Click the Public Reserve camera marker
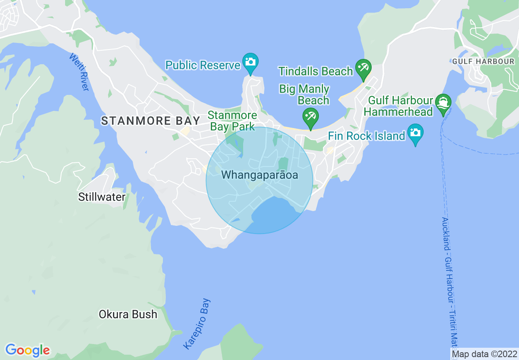pyautogui.click(x=250, y=62)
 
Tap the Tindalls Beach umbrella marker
pyautogui.click(x=363, y=67)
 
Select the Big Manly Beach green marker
pyautogui.click(x=310, y=117)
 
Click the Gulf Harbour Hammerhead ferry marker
pyautogui.click(x=443, y=102)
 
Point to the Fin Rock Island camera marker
pyautogui.click(x=415, y=133)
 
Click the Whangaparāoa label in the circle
pyautogui.click(x=259, y=175)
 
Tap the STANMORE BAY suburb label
pyautogui.click(x=151, y=121)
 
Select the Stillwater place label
pyautogui.click(x=102, y=197)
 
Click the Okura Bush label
pyautogui.click(x=128, y=314)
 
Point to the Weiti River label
pyautogui.click(x=79, y=72)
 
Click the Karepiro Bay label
pyautogui.click(x=197, y=324)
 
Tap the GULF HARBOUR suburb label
pyautogui.click(x=483, y=61)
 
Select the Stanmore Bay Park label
pyautogui.click(x=232, y=121)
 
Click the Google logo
pyautogui.click(x=27, y=350)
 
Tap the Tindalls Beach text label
pyautogui.click(x=315, y=71)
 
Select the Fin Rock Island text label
pyautogui.click(x=366, y=136)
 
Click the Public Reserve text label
pyautogui.click(x=203, y=65)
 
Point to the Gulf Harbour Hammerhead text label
pyautogui.click(x=398, y=106)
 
